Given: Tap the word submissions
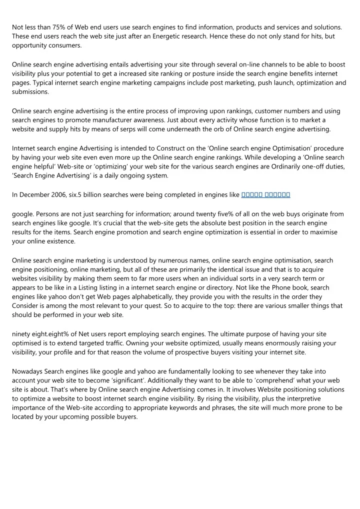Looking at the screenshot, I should pos(30,92).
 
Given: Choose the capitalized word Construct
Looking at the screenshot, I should pos(170,148).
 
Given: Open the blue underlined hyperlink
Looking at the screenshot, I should pos(266,195).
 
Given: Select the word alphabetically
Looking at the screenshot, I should pos(133,297).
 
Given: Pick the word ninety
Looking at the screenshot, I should pos(22,334).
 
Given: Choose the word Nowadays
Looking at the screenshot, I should pos(27,371).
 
